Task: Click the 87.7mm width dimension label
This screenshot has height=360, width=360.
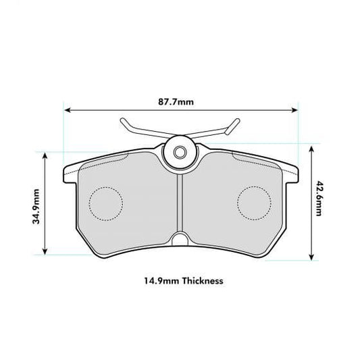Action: coord(180,102)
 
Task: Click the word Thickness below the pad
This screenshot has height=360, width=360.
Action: coord(200,280)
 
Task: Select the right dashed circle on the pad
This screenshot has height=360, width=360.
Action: coord(255,201)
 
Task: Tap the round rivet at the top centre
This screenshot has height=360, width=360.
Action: coord(180,152)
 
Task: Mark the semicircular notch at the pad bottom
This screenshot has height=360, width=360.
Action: coord(180,240)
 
